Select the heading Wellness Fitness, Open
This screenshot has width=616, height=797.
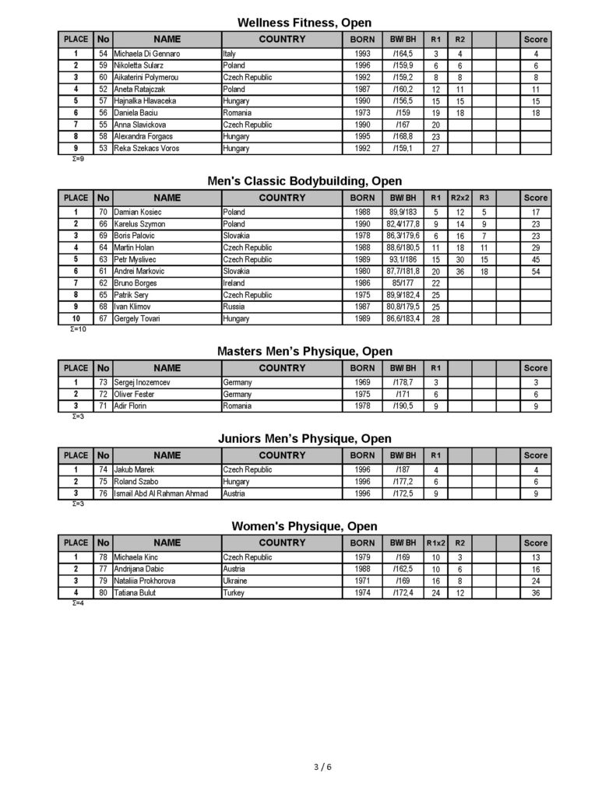[x=304, y=23]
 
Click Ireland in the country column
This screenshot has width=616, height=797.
[x=234, y=283]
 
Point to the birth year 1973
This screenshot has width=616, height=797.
[x=362, y=113]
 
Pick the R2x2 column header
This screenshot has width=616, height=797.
[x=459, y=198]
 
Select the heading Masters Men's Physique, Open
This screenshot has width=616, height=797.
[x=304, y=352]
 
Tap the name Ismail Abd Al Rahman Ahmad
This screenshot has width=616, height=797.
[x=161, y=493]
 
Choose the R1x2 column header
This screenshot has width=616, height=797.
[x=436, y=542]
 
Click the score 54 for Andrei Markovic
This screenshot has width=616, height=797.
[x=536, y=271]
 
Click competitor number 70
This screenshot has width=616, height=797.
[x=103, y=212]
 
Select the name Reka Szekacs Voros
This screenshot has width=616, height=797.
[x=146, y=148]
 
